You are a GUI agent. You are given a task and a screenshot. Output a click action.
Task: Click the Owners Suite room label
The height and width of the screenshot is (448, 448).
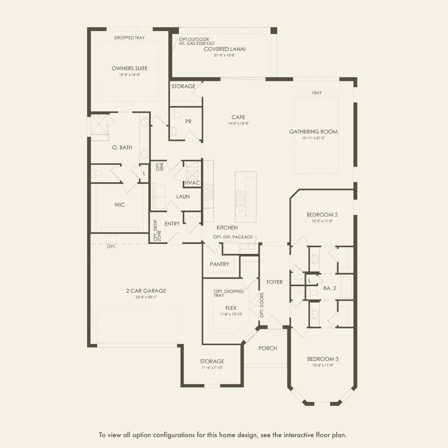tap(129, 68)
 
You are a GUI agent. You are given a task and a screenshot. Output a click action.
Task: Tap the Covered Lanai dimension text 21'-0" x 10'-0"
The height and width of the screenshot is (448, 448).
tap(225, 55)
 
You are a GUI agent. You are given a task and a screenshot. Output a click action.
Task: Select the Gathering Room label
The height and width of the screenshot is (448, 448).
tap(313, 132)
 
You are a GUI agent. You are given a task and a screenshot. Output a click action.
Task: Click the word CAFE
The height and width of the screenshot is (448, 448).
tap(238, 117)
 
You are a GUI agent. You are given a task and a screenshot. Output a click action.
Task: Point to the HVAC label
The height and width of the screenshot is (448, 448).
tap(193, 183)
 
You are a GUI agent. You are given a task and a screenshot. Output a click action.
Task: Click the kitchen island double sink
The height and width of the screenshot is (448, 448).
tap(240, 198)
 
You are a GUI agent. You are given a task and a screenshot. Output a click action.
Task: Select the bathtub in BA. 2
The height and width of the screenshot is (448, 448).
tap(346, 287)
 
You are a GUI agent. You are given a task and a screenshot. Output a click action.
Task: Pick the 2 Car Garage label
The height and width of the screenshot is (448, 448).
tap(146, 290)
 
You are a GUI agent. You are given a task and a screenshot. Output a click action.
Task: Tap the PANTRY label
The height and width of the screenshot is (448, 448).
tap(219, 264)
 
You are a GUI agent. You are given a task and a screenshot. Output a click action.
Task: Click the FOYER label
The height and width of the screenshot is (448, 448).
tap(275, 282)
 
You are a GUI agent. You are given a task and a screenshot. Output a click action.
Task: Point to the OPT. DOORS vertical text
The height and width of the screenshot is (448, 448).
tap(262, 305)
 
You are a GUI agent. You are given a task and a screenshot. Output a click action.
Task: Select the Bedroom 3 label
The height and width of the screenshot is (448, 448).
tap(323, 359)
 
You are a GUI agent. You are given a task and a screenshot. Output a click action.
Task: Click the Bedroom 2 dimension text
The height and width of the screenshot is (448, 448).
tap(322, 221)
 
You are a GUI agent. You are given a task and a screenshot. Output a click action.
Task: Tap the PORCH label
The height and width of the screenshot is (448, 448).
tap(268, 348)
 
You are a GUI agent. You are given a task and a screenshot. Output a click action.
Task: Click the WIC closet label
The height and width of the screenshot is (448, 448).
tap(120, 205)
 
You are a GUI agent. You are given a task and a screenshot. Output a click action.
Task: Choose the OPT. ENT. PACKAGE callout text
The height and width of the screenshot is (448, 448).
tap(233, 237)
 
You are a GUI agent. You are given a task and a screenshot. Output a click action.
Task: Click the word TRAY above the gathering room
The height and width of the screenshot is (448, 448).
tap(316, 93)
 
